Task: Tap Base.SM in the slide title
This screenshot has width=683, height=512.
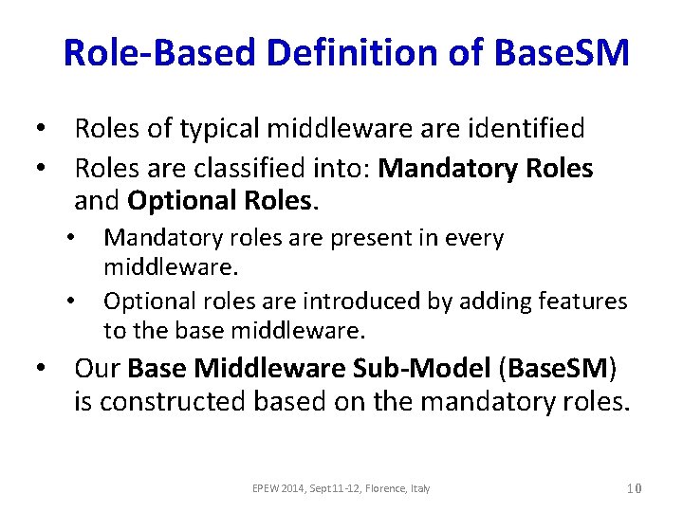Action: pyautogui.click(x=561, y=53)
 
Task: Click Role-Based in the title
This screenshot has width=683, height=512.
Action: pyautogui.click(x=160, y=53)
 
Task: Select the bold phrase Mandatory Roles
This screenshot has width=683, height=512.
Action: pyautogui.click(x=486, y=170)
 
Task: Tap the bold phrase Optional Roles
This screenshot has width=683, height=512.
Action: pyautogui.click(x=218, y=201)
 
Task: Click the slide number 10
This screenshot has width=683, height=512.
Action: pyautogui.click(x=635, y=488)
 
